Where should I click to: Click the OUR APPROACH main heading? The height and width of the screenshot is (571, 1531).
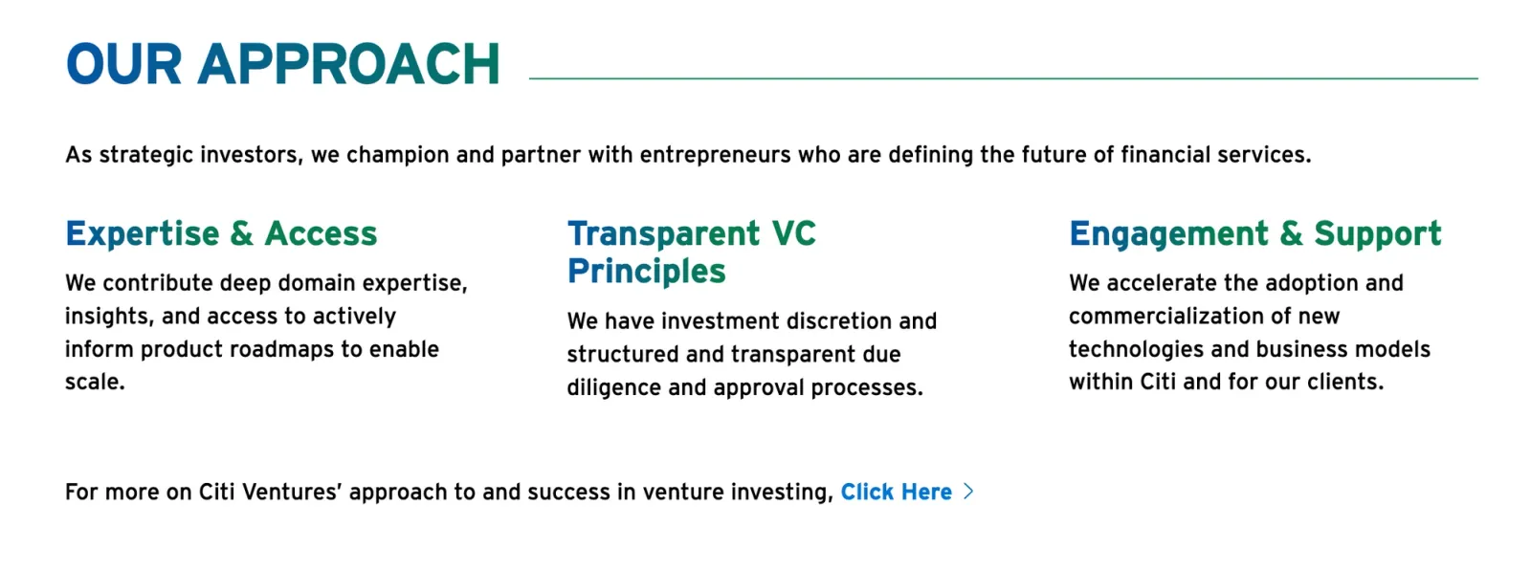tap(282, 65)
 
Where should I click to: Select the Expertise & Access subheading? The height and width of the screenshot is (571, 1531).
tap(221, 234)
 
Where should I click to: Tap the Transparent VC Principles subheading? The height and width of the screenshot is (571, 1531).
tap(691, 253)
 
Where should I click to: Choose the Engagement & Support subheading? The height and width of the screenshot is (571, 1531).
tap(1254, 234)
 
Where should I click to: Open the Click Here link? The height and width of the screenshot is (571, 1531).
tap(896, 493)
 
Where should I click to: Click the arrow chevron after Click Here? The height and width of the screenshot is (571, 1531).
tap(968, 492)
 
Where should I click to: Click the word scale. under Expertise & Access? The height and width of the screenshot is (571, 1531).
tap(95, 383)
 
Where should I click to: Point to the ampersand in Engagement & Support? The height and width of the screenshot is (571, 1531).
tap(1291, 234)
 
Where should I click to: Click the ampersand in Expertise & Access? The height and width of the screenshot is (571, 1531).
tap(241, 234)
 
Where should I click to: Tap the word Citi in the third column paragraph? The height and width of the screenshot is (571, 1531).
tap(1157, 383)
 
